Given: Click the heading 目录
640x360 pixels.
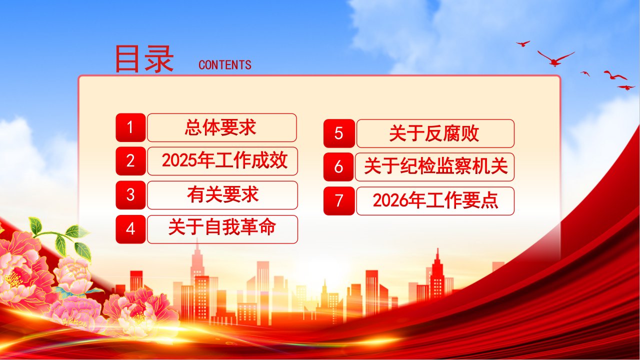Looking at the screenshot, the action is [x=144, y=59].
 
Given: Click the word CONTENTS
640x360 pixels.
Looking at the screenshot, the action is [x=225, y=65].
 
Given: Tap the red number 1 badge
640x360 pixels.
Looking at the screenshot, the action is [x=130, y=127].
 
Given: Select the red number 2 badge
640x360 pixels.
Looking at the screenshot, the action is [x=130, y=161].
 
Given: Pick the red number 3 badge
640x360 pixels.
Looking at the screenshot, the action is [x=130, y=195].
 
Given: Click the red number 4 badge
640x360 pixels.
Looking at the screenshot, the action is [x=130, y=229].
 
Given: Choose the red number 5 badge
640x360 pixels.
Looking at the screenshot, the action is [x=339, y=133].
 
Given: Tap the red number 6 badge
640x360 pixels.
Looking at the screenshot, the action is [x=338, y=167].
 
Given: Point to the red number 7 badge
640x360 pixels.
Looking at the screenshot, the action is [x=339, y=201].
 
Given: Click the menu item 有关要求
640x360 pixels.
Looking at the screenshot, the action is [x=222, y=195].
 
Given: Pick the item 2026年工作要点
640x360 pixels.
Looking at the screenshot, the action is [x=435, y=201].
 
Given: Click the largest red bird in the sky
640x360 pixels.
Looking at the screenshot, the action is [x=555, y=59].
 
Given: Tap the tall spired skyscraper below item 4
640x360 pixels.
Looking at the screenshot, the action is [x=197, y=274].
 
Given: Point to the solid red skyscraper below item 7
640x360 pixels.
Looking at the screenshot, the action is [x=437, y=274].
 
